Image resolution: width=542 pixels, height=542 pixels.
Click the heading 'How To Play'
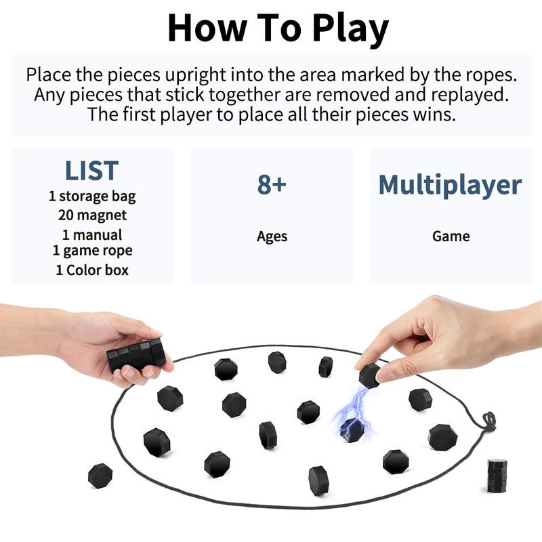click(278, 28)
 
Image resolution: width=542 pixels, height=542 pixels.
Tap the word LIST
click(92, 171)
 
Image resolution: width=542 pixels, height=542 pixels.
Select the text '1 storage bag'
click(92, 196)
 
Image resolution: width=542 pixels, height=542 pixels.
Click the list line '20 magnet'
click(92, 215)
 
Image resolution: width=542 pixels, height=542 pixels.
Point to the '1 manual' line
click(92, 234)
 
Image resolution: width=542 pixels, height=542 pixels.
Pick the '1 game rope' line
click(92, 250)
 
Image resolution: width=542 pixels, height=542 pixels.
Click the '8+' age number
click(272, 184)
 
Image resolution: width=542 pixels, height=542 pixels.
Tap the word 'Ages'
click(272, 236)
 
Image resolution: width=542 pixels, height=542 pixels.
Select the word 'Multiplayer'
click(450, 184)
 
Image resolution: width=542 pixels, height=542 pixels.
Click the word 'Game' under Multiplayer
click(451, 236)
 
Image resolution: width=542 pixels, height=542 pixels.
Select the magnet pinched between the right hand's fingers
click(369, 375)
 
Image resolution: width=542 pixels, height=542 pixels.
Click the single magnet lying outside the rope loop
click(100, 475)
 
